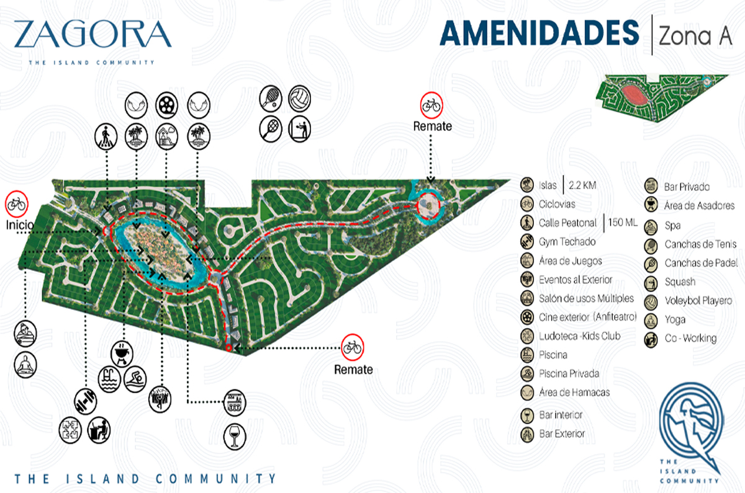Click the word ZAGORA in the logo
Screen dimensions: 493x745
(92, 35)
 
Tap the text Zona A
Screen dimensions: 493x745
(695, 37)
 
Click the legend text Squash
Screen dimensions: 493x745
(680, 282)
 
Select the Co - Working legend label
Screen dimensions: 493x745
(690, 338)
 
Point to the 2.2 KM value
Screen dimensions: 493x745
(587, 185)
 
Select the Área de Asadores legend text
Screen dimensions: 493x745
(699, 205)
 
